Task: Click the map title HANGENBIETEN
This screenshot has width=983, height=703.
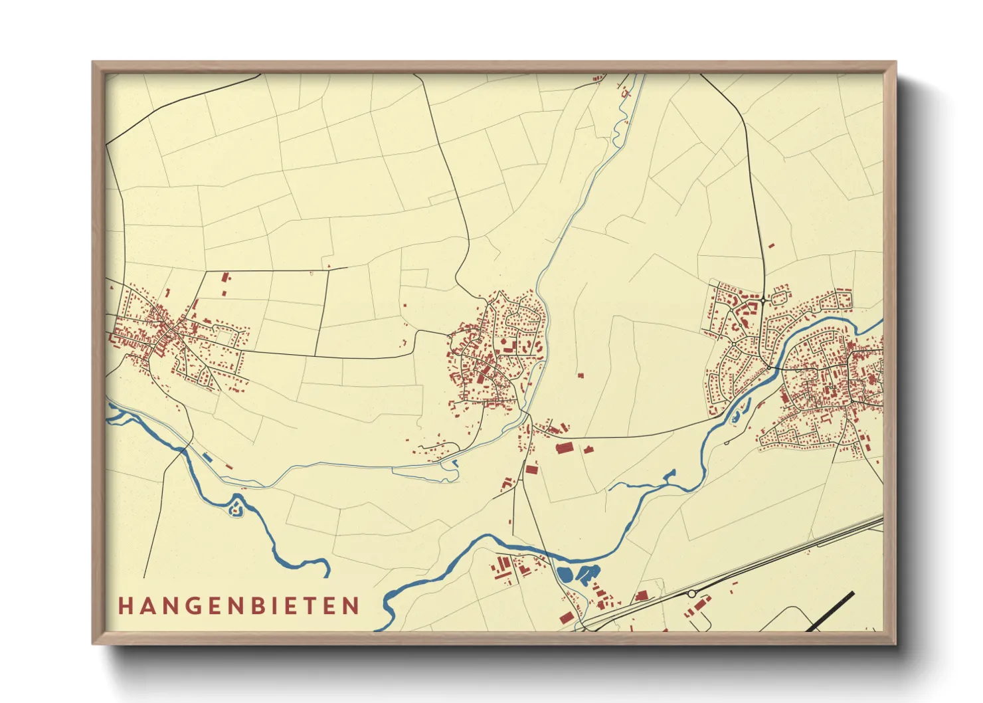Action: click(x=239, y=605)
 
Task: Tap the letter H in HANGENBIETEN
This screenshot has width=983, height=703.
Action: click(x=125, y=605)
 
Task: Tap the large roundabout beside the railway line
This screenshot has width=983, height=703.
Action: click(x=691, y=593)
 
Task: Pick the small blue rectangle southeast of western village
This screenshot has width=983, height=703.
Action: click(x=207, y=456)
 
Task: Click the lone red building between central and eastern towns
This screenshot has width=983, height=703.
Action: click(x=580, y=376)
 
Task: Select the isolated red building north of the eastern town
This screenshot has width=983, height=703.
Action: click(x=771, y=247)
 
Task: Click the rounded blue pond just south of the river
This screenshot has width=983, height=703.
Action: click(x=565, y=575)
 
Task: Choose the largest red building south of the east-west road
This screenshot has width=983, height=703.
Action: click(x=564, y=449)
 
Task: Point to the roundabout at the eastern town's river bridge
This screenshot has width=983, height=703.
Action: click(x=768, y=366)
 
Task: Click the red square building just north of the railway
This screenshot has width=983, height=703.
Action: click(x=642, y=596)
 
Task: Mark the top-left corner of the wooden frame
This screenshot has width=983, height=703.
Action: click(x=94, y=62)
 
